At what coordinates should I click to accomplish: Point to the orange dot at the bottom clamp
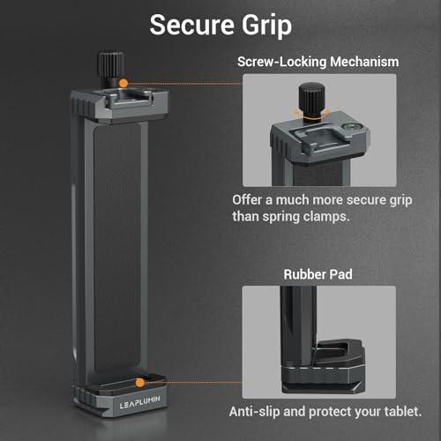[138, 382]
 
